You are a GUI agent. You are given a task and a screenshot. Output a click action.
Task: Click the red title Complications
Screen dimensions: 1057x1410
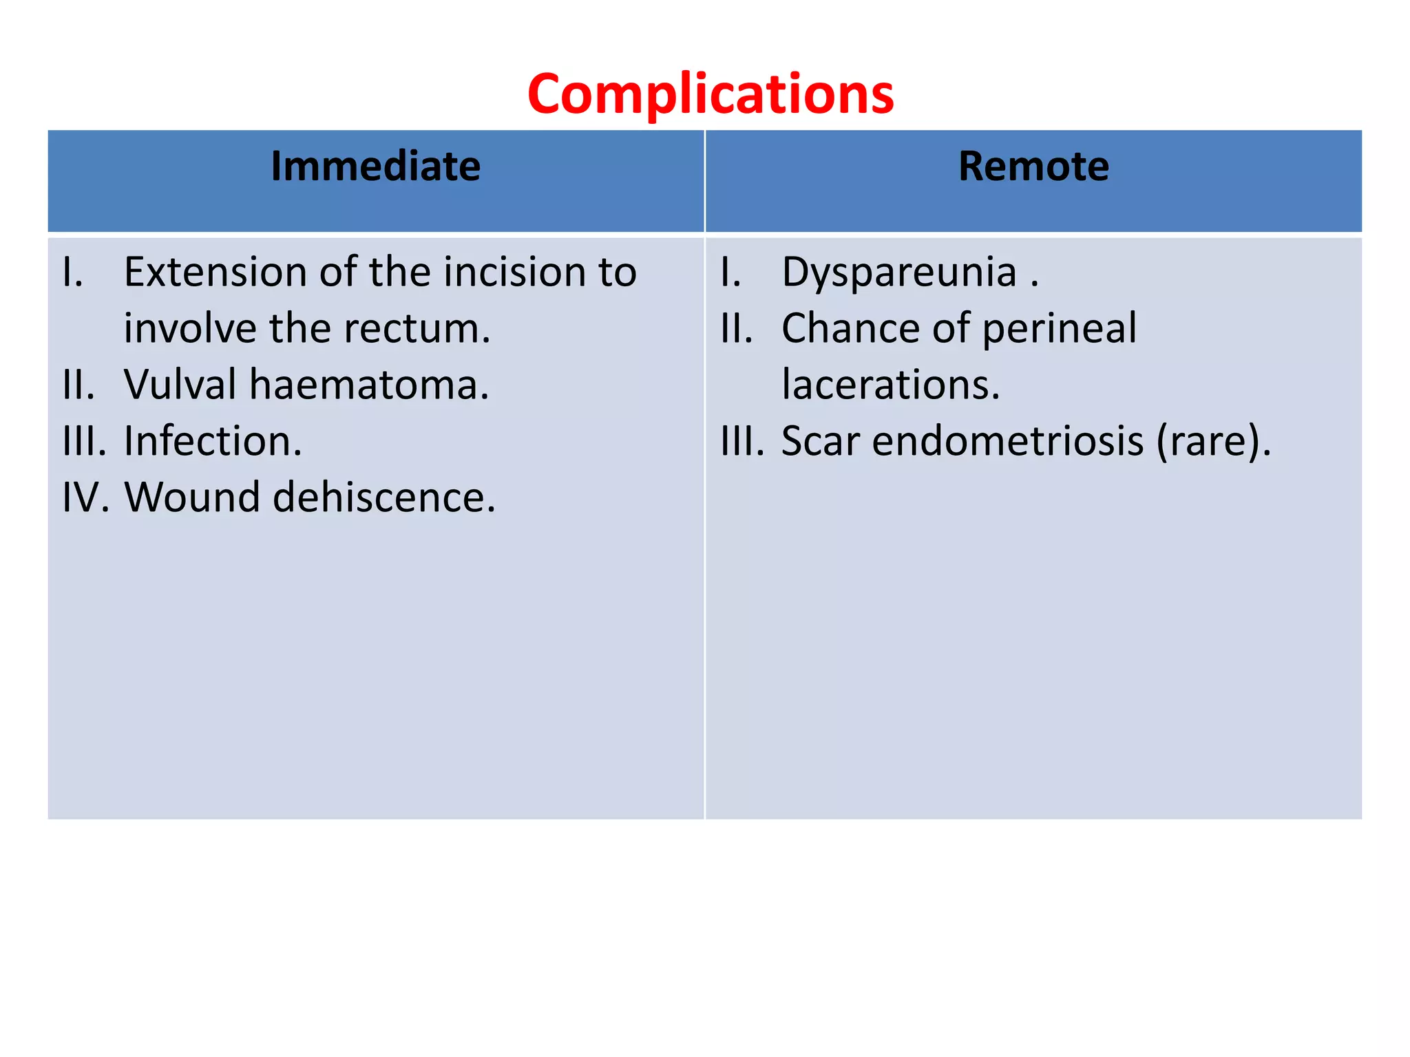(x=711, y=94)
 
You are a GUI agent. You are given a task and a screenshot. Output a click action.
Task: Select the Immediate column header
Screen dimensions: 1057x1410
(x=375, y=167)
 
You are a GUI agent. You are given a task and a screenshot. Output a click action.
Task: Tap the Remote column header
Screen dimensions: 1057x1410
(x=1033, y=167)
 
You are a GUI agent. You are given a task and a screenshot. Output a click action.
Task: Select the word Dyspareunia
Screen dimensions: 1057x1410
(x=899, y=273)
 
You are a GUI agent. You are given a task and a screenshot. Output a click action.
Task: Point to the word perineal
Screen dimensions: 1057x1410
(x=1060, y=328)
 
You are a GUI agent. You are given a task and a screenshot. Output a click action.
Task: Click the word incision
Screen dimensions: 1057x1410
(x=515, y=272)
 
